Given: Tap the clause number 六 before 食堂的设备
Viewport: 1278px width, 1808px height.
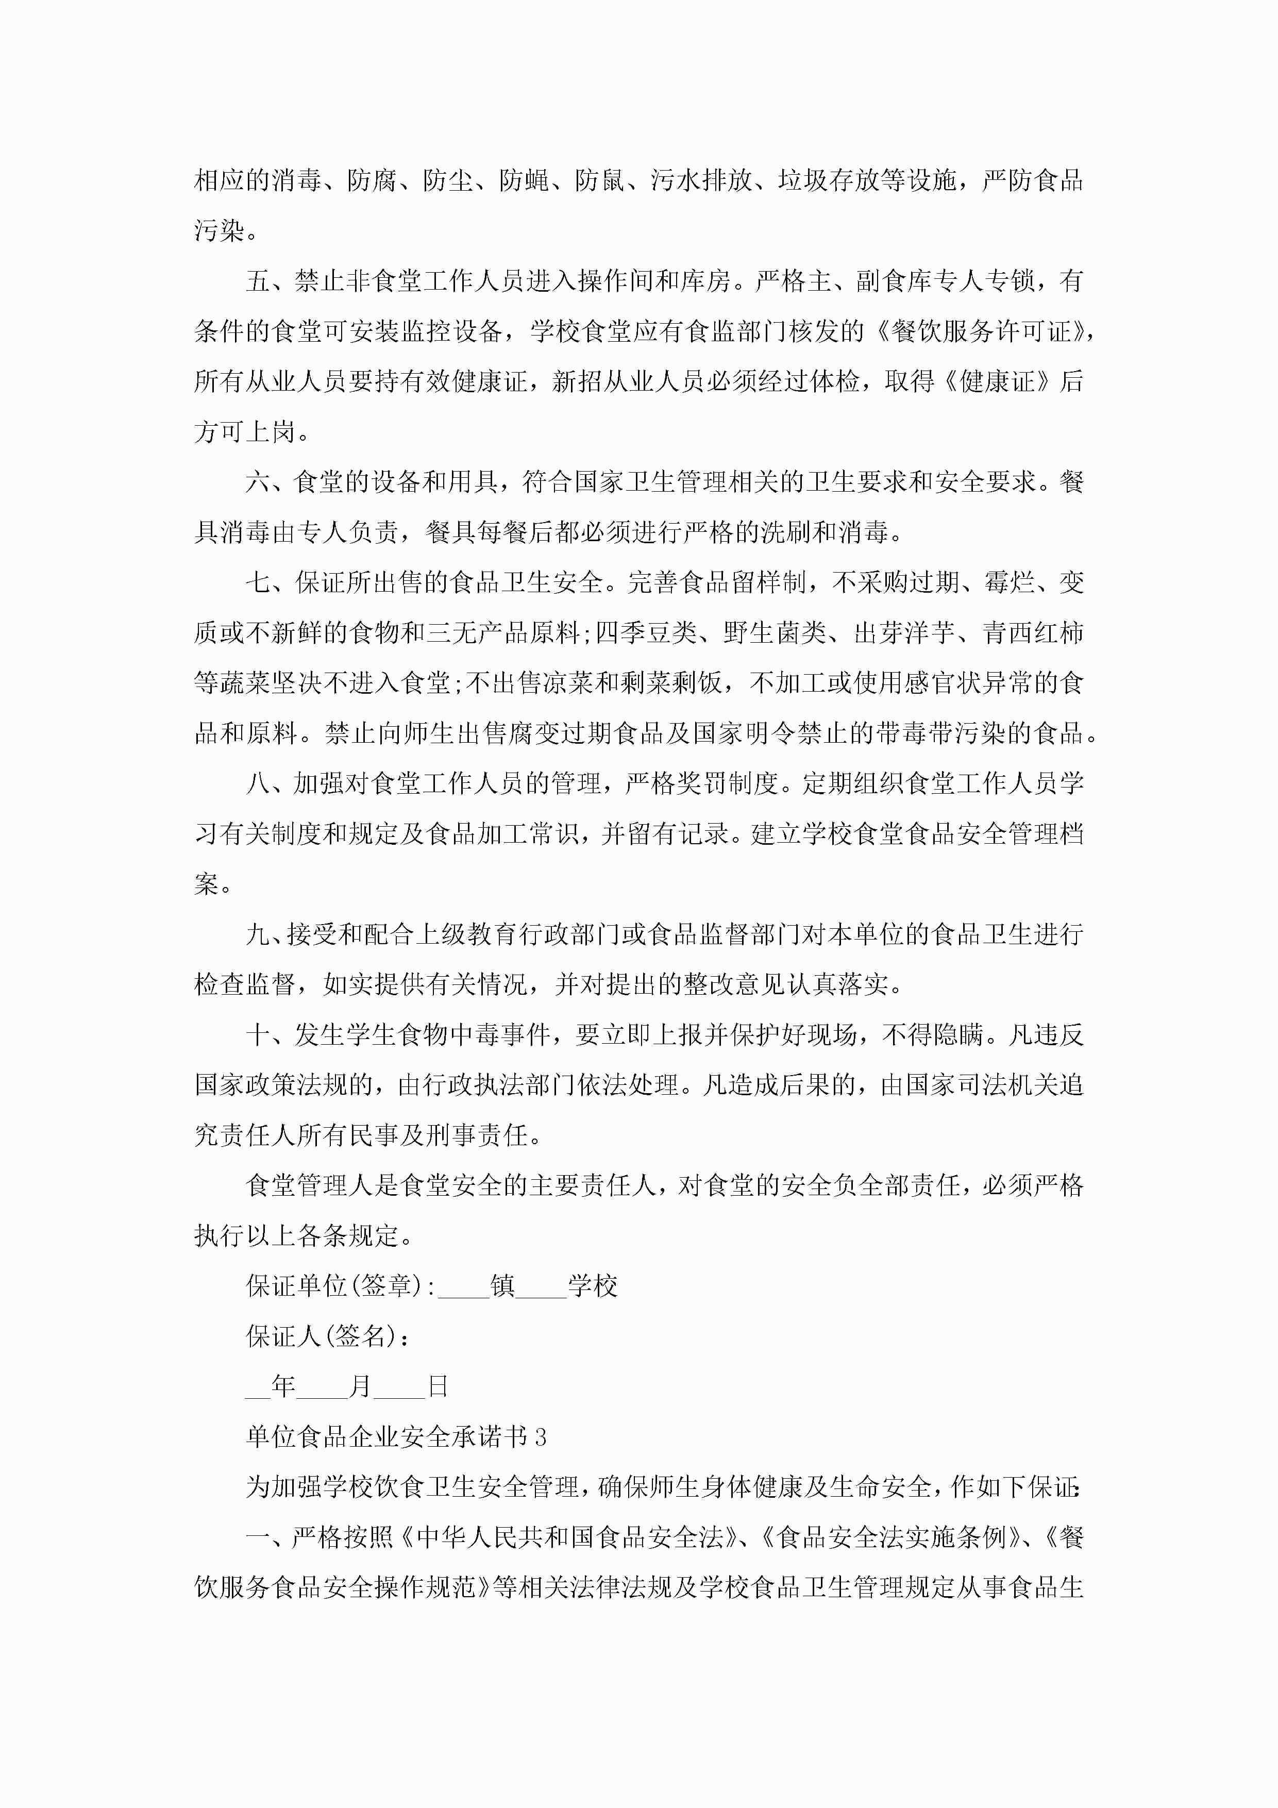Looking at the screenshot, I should pyautogui.click(x=258, y=482).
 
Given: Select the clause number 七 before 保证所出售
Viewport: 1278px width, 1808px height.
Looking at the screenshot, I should pyautogui.click(x=258, y=583).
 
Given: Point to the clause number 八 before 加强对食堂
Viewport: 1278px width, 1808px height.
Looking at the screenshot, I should pyautogui.click(x=258, y=783).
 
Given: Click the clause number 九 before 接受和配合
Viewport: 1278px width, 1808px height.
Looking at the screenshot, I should pyautogui.click(x=258, y=935).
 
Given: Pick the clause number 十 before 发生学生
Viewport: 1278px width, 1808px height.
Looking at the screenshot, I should pyautogui.click(x=258, y=1035).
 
